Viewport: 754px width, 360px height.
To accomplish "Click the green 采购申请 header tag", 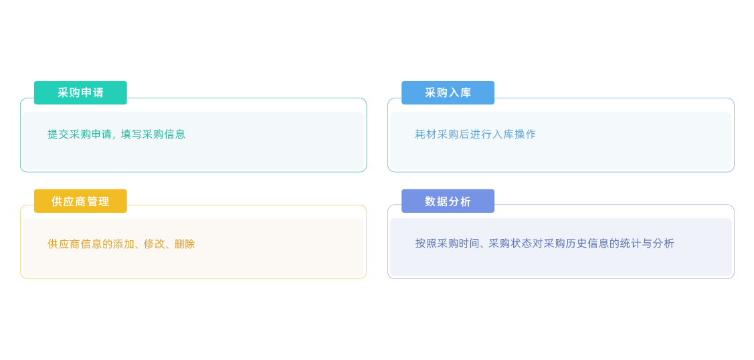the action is coord(80,93).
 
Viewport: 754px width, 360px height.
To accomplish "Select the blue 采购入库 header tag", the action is coord(448,93).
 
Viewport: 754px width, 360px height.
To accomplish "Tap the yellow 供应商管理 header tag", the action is coord(80,201).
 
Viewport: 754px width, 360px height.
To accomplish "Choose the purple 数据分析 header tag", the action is coord(448,201).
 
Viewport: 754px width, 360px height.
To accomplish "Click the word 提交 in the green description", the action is coord(58,134).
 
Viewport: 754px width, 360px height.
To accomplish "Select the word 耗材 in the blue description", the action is coord(426,134).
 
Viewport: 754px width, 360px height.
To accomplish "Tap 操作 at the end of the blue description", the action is coord(525,134).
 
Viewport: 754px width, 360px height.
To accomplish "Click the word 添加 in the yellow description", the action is coord(123,244).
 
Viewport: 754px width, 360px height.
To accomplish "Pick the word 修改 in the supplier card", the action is coord(154,244).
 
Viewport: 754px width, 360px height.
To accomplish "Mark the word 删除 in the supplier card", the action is coord(185,244).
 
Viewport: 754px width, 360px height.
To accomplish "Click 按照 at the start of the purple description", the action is coord(426,244).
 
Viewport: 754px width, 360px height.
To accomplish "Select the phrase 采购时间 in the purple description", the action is coord(458,244).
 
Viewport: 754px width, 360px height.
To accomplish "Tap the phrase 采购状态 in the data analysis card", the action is coord(509,244).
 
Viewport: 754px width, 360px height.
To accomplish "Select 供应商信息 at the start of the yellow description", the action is coord(74,244).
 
